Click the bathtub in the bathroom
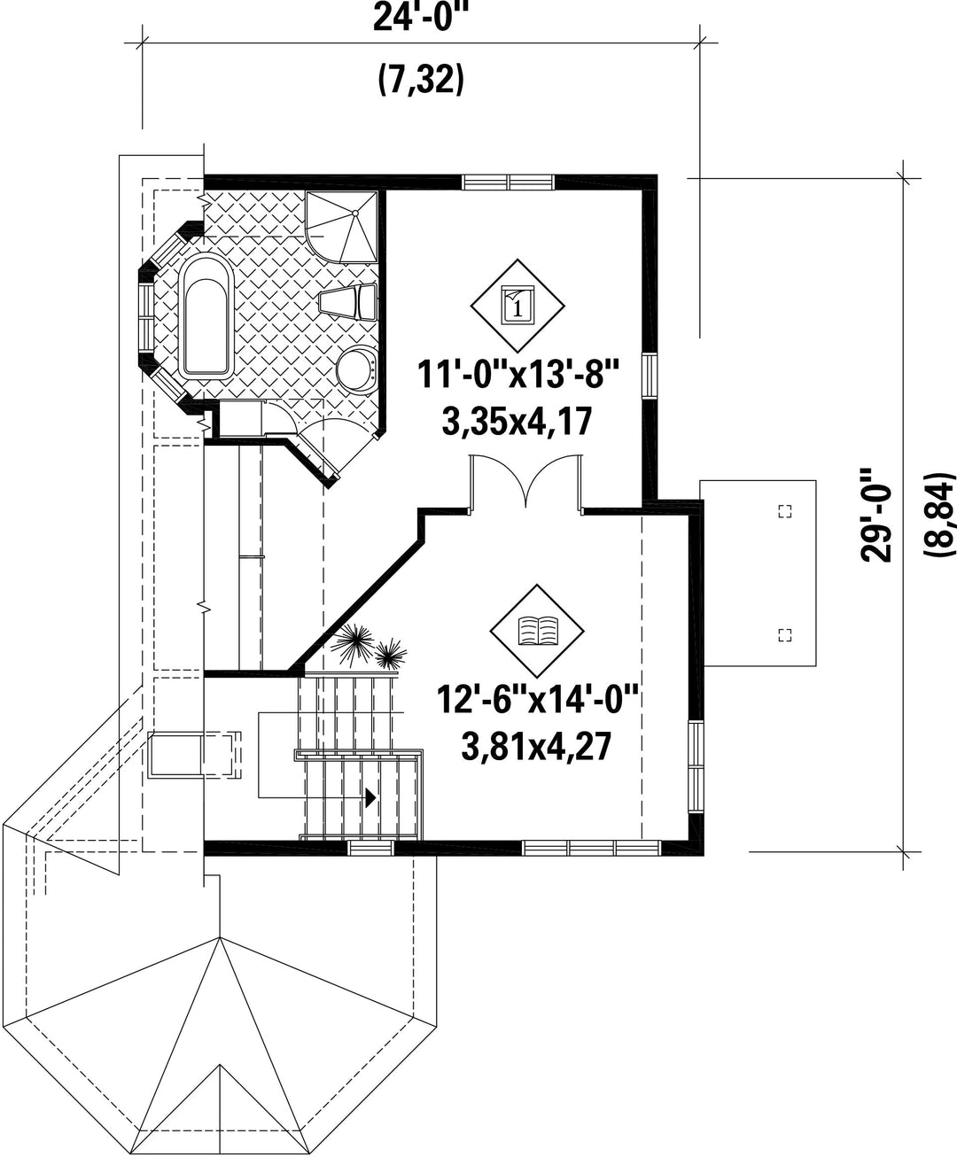tap(206, 316)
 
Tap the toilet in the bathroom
tap(349, 302)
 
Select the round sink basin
tap(357, 368)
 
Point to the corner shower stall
tap(341, 226)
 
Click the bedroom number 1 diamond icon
tap(517, 306)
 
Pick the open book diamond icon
tap(537, 631)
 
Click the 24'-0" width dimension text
tap(417, 19)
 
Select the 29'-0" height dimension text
tap(876, 516)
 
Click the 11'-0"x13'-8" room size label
tap(517, 375)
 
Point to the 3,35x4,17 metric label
tap(517, 421)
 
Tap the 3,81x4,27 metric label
tap(536, 747)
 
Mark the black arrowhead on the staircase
tap(370, 797)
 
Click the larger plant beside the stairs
tap(354, 644)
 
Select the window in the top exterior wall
tap(508, 182)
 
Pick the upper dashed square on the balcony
tap(785, 511)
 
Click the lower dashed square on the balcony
tap(785, 635)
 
